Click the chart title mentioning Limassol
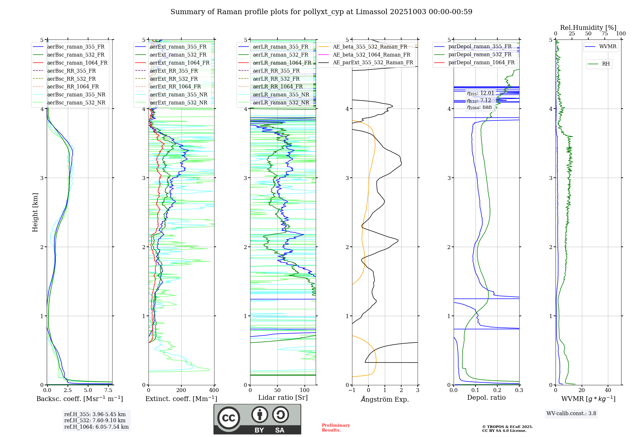click(321, 12)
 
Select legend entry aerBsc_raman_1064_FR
click(77, 63)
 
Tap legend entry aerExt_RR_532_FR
click(174, 79)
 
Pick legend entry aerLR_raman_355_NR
click(281, 94)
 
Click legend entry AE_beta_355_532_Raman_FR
click(370, 47)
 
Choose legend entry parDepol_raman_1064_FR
click(481, 62)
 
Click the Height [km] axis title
click(35, 212)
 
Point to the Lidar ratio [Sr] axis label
click(283, 397)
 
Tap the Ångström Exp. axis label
click(385, 399)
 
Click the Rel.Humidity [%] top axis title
click(588, 28)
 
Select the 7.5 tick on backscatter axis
click(108, 390)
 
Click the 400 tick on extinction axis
click(214, 390)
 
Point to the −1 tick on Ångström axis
click(352, 390)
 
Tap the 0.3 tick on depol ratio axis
click(519, 390)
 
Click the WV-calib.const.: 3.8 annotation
click(571, 414)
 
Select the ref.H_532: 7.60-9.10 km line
click(95, 420)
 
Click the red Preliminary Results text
click(336, 428)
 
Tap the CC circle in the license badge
click(229, 418)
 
